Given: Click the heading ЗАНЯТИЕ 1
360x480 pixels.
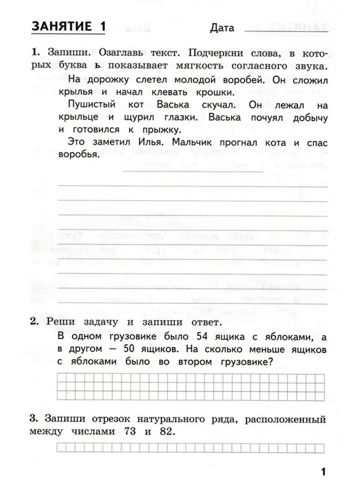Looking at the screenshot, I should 68,27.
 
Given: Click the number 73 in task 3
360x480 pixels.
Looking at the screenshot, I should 122,432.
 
